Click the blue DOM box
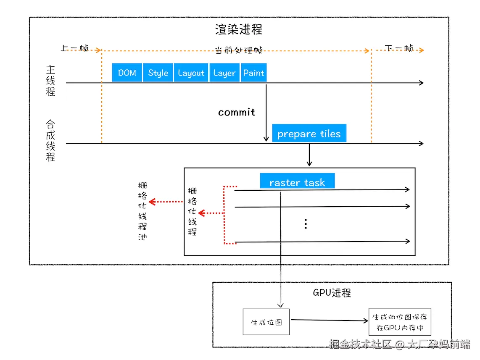(x=127, y=73)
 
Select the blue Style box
(x=158, y=73)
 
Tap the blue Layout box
(x=191, y=73)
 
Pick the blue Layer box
(x=224, y=73)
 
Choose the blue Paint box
(x=253, y=73)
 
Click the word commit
(x=237, y=112)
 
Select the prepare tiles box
(x=309, y=134)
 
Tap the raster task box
(x=297, y=182)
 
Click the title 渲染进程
(x=239, y=29)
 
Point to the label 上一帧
(x=74, y=48)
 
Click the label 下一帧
(x=399, y=48)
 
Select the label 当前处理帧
(x=239, y=50)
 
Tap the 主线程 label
(x=51, y=81)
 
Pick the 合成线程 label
(x=51, y=141)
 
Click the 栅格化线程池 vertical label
(x=142, y=211)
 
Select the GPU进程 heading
(x=332, y=293)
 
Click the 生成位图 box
(x=266, y=322)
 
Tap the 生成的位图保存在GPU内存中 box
(x=399, y=322)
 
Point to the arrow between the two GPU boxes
(x=329, y=320)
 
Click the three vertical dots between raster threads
(x=306, y=223)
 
